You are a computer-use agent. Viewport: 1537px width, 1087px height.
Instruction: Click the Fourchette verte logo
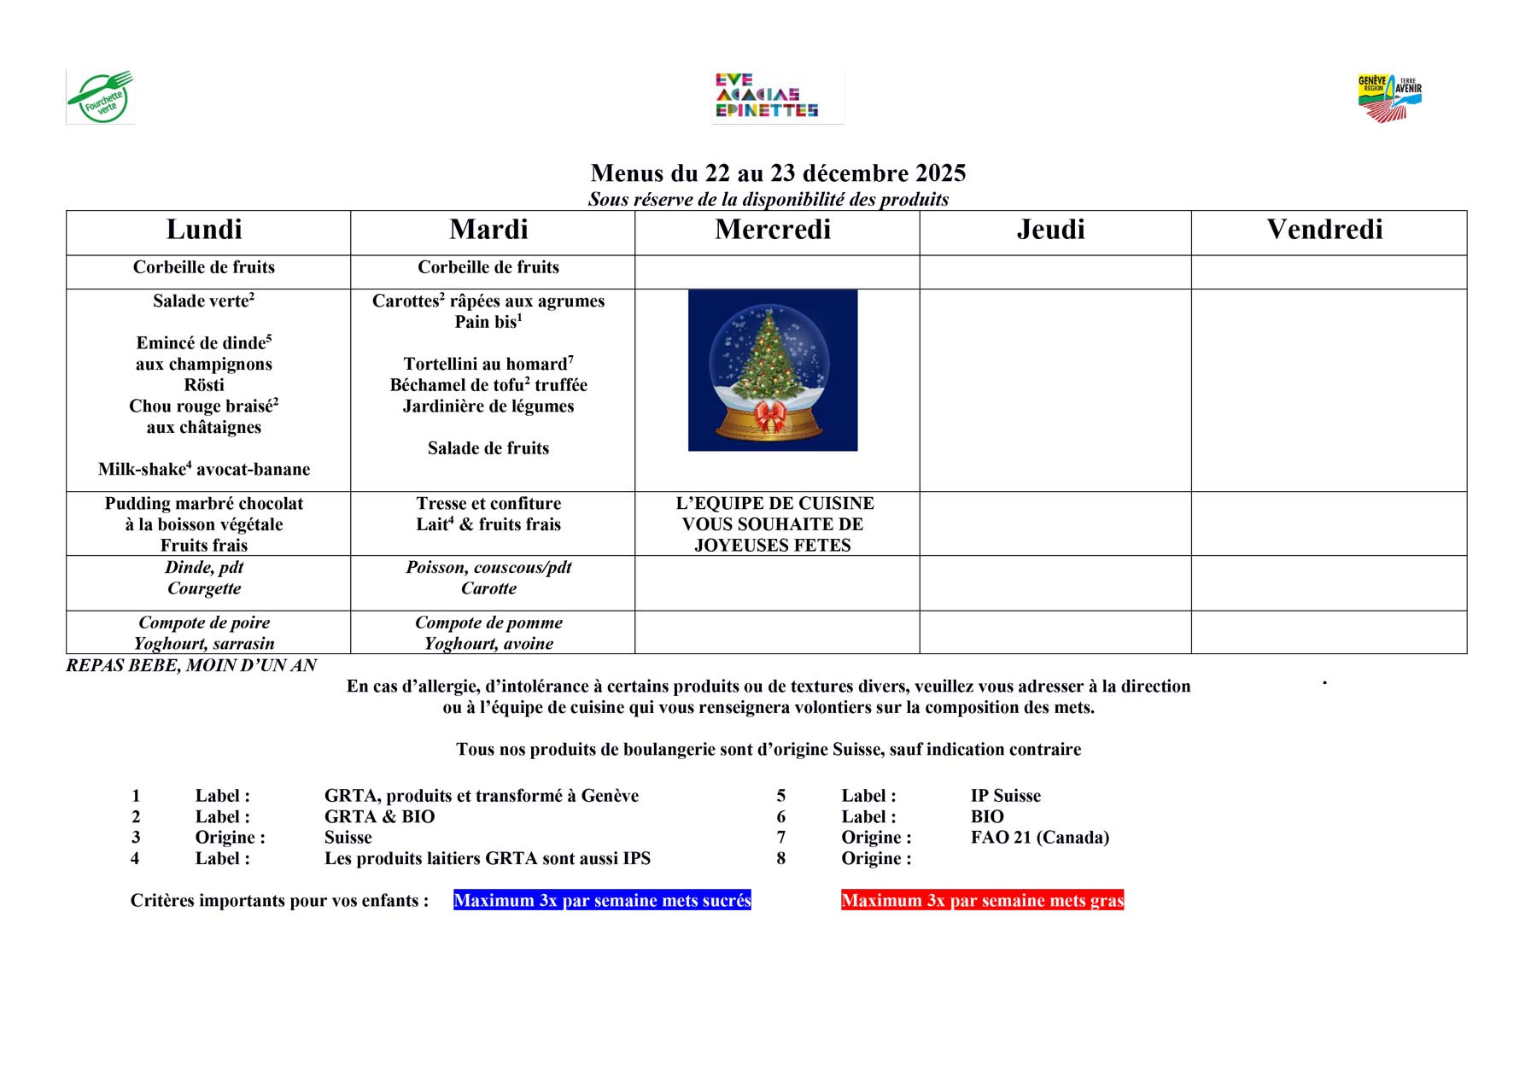pos(101,96)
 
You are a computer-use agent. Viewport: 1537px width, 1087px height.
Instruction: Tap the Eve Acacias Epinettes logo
pos(767,96)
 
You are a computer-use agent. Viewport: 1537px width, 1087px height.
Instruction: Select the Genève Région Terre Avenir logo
pos(1389,97)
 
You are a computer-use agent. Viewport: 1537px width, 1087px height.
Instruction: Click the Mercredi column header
pos(773,230)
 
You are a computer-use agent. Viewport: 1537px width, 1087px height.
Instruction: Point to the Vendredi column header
pos(1324,230)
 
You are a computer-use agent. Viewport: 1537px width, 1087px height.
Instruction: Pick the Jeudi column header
pos(1050,230)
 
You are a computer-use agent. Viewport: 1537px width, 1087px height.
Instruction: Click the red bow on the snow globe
pos(771,418)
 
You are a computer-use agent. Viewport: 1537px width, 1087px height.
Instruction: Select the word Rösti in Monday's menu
pos(204,385)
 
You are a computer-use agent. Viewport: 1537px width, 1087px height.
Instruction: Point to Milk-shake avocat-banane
pos(204,470)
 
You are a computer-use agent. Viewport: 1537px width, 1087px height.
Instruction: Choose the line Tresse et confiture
pos(488,504)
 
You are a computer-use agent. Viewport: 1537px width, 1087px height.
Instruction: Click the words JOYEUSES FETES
pos(773,546)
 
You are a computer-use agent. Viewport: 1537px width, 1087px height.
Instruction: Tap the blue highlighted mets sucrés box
pos(602,901)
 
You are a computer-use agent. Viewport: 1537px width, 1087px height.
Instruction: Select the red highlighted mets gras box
pos(982,901)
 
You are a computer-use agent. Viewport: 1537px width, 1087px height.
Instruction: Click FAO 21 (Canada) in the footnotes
pos(1039,838)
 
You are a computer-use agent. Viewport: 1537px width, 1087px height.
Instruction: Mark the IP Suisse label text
pos(1005,796)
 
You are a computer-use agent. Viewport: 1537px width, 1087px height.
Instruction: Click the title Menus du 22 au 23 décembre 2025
pos(778,173)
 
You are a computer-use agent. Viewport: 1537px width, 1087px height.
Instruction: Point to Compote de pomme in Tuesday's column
pos(488,623)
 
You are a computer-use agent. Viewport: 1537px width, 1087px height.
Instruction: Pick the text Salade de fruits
pos(488,448)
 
